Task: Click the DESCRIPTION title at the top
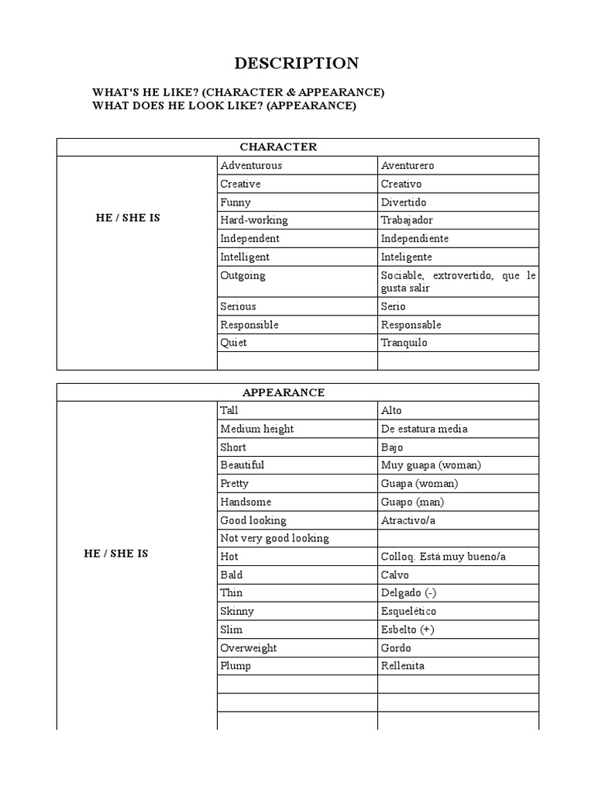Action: (297, 64)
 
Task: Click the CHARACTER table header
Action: (278, 147)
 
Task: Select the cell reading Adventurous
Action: (251, 165)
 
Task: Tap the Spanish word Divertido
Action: (404, 202)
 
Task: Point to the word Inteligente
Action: (406, 257)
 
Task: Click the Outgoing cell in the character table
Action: (242, 275)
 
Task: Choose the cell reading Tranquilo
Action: (404, 343)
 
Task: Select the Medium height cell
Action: (256, 429)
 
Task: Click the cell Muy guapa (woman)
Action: (431, 465)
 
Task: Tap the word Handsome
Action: (246, 502)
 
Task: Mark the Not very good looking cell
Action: (274, 538)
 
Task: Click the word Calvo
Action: (395, 575)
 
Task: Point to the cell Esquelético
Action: (408, 611)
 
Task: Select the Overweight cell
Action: (248, 647)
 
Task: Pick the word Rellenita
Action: (403, 666)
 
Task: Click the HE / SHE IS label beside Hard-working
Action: (127, 218)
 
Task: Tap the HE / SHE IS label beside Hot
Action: (115, 554)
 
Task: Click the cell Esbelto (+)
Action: (408, 630)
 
